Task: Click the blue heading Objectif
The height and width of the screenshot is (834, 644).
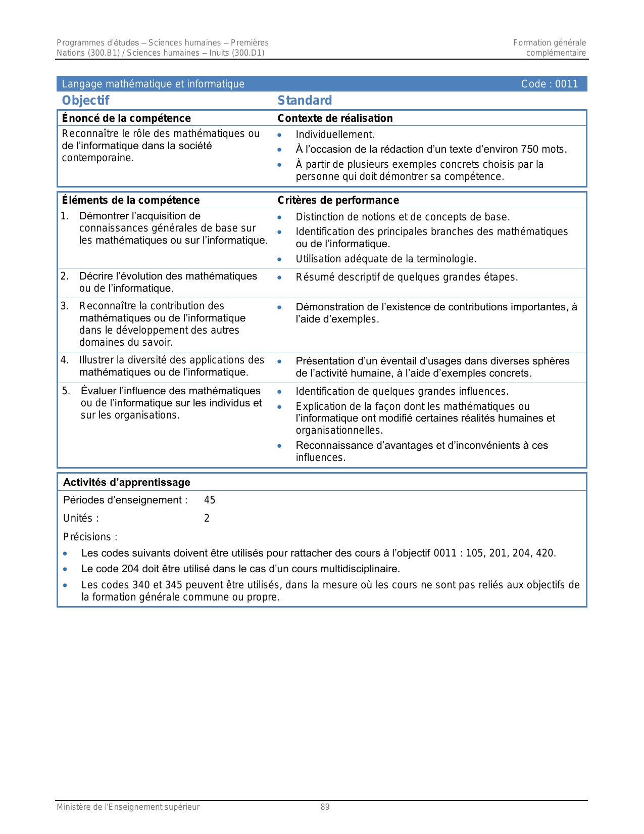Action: click(x=85, y=101)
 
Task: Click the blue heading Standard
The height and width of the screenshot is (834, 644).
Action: click(x=305, y=101)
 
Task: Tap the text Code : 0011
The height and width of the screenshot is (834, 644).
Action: click(x=549, y=84)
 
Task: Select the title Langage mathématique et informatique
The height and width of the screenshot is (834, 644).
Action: click(x=153, y=84)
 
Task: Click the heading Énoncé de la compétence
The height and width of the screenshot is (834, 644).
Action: click(x=126, y=118)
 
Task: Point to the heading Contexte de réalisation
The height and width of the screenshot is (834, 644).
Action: click(x=335, y=118)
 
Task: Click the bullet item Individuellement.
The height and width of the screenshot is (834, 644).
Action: click(x=335, y=134)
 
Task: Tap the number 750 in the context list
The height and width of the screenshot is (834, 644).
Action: click(x=529, y=149)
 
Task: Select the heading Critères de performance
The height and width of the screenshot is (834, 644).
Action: click(x=338, y=200)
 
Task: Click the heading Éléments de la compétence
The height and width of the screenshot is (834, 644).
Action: click(x=131, y=200)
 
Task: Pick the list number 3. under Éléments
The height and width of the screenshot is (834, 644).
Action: click(x=65, y=306)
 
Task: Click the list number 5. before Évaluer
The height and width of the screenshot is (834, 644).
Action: click(x=66, y=391)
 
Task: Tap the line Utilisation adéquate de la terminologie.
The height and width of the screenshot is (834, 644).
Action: click(x=386, y=259)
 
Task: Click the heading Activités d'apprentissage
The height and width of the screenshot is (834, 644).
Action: click(x=127, y=482)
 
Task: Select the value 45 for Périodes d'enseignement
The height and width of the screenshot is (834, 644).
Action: click(x=210, y=500)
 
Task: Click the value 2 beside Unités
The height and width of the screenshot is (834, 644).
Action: click(x=207, y=518)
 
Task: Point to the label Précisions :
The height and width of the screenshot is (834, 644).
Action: click(x=90, y=537)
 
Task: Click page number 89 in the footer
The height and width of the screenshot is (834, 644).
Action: click(x=325, y=807)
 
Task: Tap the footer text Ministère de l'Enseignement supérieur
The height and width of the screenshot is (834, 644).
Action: click(x=128, y=807)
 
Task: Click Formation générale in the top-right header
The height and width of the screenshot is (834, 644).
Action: click(x=549, y=43)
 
